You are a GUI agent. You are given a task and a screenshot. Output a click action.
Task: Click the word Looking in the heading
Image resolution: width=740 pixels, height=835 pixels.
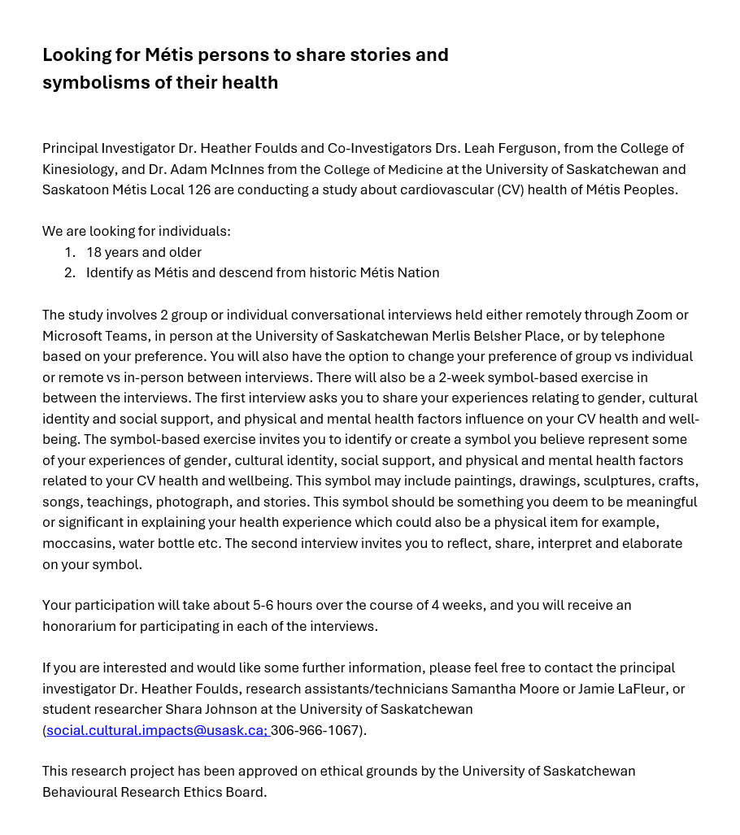(77, 55)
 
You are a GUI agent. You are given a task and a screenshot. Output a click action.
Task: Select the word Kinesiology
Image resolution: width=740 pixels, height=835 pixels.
(80, 169)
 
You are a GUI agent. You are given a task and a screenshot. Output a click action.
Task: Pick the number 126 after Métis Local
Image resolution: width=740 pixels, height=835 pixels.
(199, 189)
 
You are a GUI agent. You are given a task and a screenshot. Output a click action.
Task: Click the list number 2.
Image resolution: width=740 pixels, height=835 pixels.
(69, 272)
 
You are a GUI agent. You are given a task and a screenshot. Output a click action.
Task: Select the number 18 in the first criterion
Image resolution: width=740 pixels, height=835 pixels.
(94, 252)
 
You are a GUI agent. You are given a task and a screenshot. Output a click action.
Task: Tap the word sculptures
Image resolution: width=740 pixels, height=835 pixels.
(620, 481)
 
